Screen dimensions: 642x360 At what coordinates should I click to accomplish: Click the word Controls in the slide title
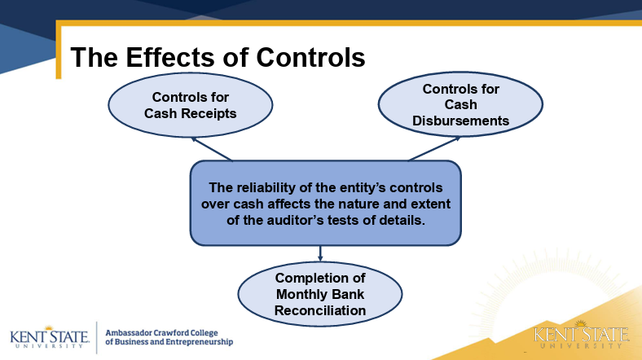tap(310, 57)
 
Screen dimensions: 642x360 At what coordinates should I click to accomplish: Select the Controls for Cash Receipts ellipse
tap(191, 105)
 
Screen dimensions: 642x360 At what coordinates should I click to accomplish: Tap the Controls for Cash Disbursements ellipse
tap(460, 105)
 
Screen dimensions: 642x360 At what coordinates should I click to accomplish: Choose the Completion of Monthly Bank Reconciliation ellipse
tap(320, 294)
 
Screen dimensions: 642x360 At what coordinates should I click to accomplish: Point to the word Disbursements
tap(460, 121)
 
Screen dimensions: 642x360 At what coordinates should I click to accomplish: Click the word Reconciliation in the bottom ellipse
tap(320, 310)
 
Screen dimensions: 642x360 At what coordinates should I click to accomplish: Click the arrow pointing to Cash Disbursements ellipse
tap(433, 148)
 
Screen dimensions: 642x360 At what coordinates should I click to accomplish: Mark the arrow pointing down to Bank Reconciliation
tap(320, 253)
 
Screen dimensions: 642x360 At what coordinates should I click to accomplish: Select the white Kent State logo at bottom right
tap(582, 336)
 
